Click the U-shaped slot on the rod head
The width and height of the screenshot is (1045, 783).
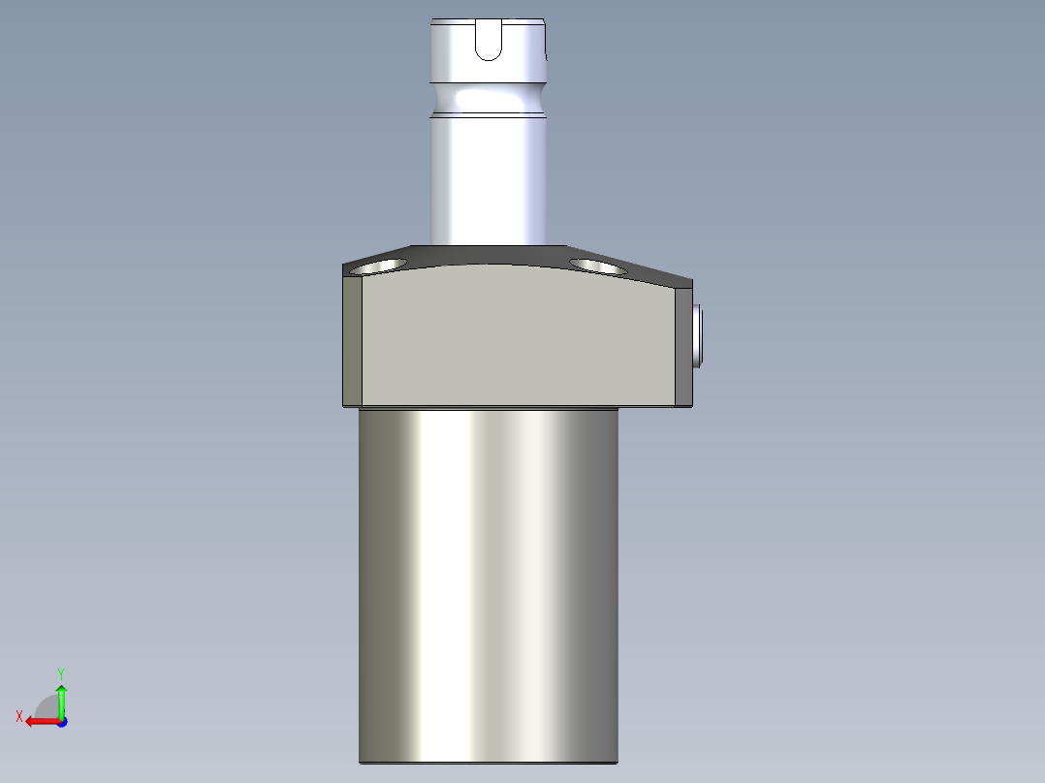click(x=490, y=41)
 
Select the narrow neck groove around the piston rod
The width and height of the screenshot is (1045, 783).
click(x=490, y=101)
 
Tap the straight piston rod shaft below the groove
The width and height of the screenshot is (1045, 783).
click(x=490, y=179)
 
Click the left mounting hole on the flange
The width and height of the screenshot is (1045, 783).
click(x=378, y=265)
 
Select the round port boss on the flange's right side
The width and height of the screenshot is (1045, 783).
click(x=699, y=335)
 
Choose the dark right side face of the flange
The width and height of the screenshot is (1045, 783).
click(x=681, y=344)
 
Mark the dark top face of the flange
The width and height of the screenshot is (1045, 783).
click(x=490, y=256)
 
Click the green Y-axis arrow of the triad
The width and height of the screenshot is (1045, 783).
click(x=61, y=698)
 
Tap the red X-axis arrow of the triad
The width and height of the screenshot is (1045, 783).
click(x=39, y=721)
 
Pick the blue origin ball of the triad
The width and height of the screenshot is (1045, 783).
click(x=61, y=721)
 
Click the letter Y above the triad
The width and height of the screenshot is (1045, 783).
click(x=60, y=673)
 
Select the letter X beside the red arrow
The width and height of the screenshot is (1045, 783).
click(x=19, y=716)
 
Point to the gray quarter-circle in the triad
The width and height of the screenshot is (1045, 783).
click(x=48, y=706)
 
